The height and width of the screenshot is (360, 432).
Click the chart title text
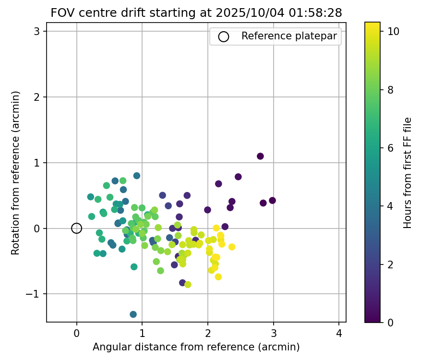coord(196,13)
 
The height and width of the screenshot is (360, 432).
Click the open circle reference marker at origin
coord(77,228)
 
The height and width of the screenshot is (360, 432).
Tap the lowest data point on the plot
coord(133,314)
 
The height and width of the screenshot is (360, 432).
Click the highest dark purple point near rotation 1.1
coord(260,156)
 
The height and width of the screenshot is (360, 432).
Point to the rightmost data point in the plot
coord(272,201)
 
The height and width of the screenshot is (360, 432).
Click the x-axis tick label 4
coord(339,333)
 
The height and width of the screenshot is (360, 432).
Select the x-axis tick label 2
coord(208,333)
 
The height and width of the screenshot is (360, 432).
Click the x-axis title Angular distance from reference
coord(196,347)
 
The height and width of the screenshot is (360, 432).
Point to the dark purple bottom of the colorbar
coord(372,319)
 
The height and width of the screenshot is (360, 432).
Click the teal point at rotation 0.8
coord(137,176)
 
